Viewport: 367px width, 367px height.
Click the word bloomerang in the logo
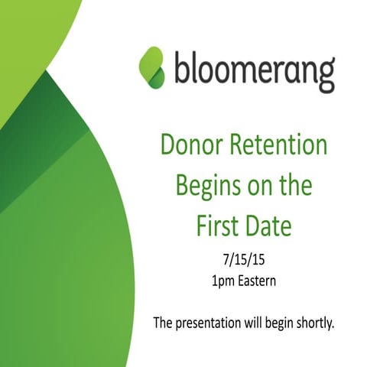(254, 70)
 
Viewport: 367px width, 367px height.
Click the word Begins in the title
(204, 185)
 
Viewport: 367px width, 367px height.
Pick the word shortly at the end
(313, 322)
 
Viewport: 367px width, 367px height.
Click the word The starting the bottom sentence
(163, 322)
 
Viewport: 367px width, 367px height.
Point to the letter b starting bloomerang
(180, 68)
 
